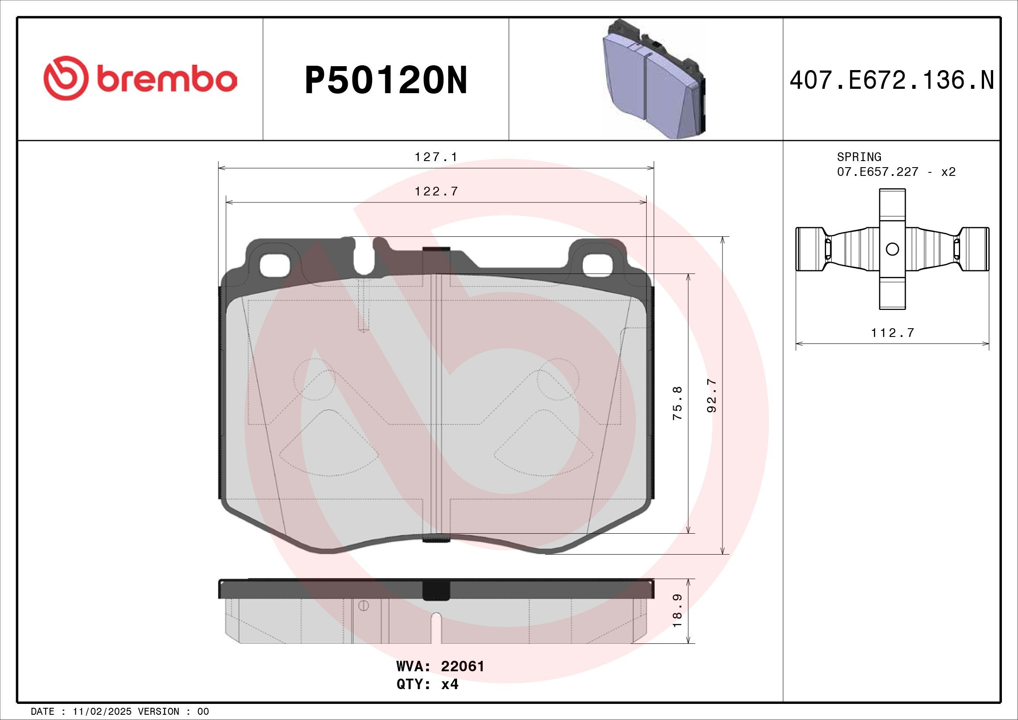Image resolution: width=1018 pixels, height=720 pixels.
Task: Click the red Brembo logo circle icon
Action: tap(64, 78)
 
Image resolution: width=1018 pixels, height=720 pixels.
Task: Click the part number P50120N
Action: tap(386, 81)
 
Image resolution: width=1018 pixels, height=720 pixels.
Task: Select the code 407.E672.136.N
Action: tap(892, 81)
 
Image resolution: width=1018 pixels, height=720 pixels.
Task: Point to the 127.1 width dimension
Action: tap(436, 158)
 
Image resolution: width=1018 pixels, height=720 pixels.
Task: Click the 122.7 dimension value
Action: tap(436, 192)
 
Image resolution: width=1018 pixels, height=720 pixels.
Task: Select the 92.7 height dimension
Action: tap(712, 395)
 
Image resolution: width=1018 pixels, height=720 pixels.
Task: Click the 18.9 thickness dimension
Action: tap(677, 611)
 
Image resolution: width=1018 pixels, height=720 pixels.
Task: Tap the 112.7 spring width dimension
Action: tap(892, 333)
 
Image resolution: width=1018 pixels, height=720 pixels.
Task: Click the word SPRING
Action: tap(859, 157)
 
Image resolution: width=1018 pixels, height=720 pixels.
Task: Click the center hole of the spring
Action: tap(892, 249)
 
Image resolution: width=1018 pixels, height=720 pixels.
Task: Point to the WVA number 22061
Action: tap(463, 666)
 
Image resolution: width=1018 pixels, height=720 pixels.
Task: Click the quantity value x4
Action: tap(450, 684)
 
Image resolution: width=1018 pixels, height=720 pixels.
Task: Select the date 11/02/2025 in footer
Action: tap(102, 712)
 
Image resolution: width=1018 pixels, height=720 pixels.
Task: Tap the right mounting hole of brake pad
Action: tap(597, 266)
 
